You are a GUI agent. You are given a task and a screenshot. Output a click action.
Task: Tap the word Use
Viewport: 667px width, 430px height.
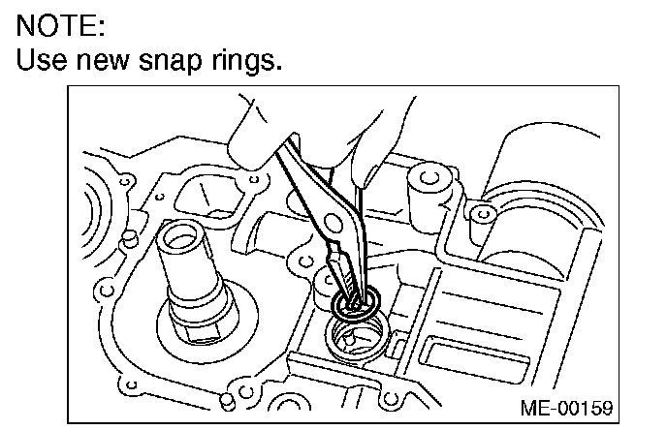42,61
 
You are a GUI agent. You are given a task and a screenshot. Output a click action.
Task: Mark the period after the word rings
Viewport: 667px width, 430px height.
280,70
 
